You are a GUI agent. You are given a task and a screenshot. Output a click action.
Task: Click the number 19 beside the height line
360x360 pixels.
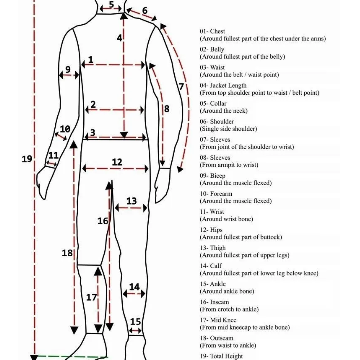click(x=27, y=159)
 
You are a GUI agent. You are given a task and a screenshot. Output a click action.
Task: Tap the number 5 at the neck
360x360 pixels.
click(x=111, y=5)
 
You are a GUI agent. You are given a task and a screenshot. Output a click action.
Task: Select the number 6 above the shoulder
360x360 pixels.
click(x=145, y=11)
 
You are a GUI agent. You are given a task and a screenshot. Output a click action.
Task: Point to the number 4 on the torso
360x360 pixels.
click(x=119, y=38)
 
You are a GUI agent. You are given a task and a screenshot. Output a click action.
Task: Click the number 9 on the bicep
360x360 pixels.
click(x=68, y=69)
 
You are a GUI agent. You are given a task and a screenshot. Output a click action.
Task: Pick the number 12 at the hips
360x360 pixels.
click(x=117, y=162)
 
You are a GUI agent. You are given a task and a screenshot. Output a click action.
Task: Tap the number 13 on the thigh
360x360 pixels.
click(x=132, y=201)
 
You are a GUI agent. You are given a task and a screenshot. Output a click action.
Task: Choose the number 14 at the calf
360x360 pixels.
click(x=134, y=287)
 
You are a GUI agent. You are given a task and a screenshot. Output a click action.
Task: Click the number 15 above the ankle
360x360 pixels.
click(x=135, y=322)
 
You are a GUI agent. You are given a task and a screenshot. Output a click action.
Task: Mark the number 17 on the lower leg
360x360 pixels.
click(x=91, y=297)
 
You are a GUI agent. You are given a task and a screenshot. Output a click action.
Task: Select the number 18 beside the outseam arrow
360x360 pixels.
click(x=67, y=253)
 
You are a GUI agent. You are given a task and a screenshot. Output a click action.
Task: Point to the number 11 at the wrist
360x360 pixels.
click(x=53, y=155)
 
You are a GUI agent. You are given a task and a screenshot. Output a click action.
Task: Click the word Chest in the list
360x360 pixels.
click(x=218, y=31)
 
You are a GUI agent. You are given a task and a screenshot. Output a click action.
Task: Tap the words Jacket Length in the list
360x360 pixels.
click(x=228, y=85)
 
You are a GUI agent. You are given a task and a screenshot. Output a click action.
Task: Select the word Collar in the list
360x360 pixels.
click(x=218, y=103)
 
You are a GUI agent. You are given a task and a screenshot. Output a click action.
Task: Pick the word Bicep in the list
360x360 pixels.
click(x=218, y=176)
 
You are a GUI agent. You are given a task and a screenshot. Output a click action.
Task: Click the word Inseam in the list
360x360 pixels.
click(x=220, y=302)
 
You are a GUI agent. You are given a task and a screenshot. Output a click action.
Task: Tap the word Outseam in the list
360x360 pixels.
click(x=222, y=338)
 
